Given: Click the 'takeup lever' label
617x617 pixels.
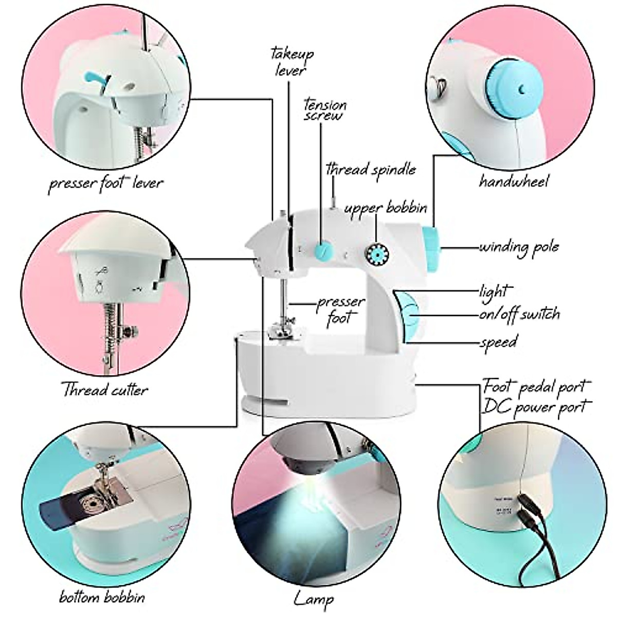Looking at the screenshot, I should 292,61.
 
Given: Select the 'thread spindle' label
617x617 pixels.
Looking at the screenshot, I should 371,169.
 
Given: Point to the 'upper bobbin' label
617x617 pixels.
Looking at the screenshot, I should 386,208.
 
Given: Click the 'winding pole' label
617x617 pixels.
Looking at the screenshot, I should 518,247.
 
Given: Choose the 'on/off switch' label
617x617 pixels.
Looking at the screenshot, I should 519,314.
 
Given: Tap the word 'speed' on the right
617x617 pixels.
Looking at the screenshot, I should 498,341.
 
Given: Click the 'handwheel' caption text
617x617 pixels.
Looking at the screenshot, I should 514,181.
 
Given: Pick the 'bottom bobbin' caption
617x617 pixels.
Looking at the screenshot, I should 102,597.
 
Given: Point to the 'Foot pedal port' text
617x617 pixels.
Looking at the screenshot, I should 536,386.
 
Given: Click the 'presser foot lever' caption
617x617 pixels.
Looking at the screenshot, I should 105,183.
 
